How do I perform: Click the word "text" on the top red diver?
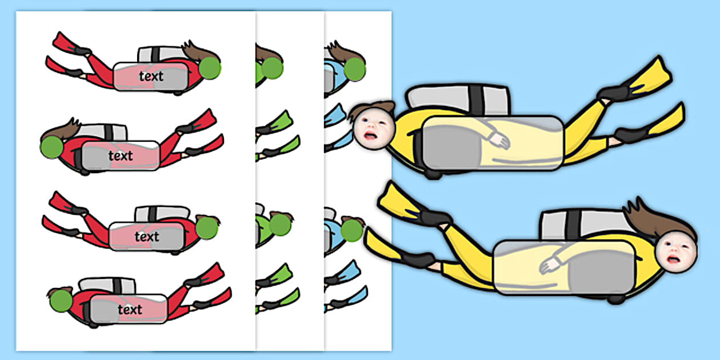tap(151, 77)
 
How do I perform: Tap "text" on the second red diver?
tap(121, 156)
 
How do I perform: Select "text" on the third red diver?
tap(147, 237)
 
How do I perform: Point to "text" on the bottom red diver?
tap(130, 310)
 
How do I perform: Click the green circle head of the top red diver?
tap(210, 68)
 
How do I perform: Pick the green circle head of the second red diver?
tap(51, 147)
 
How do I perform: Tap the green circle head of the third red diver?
tap(207, 228)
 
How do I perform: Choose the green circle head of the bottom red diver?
tap(61, 301)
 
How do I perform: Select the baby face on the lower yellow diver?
tap(677, 252)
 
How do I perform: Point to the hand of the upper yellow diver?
tap(500, 142)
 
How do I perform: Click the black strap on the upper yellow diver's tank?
tap(477, 101)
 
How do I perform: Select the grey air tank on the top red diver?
tap(161, 54)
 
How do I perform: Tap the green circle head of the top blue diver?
tap(355, 69)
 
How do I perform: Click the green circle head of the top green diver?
tap(272, 68)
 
